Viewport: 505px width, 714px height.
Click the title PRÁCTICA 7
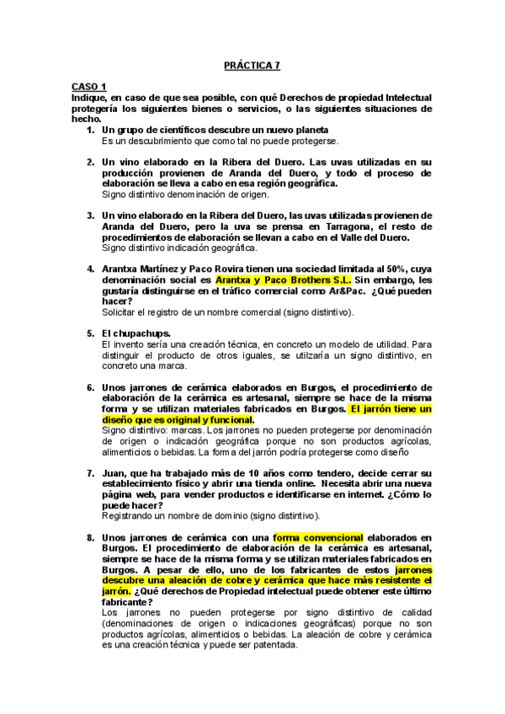(x=252, y=64)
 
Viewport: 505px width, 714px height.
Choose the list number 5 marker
(x=90, y=333)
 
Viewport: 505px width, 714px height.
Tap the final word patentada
(x=272, y=644)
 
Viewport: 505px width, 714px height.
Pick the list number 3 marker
(x=90, y=216)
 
